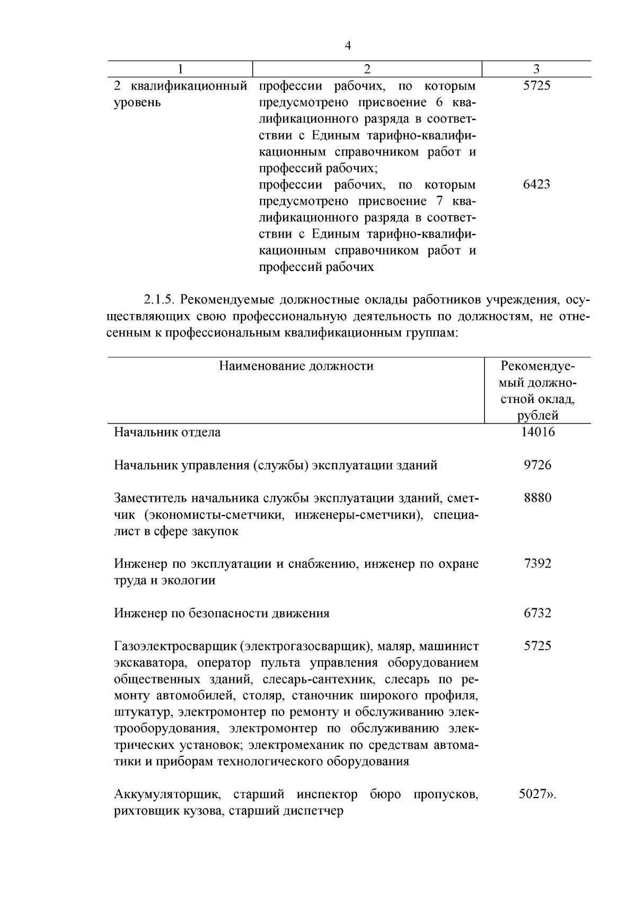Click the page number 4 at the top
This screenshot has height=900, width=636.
(348, 46)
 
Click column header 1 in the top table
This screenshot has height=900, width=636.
(181, 69)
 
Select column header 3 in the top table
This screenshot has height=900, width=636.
(536, 69)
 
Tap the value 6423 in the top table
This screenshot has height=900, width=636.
(536, 185)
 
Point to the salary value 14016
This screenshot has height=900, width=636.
(537, 432)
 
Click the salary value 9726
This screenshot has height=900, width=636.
(537, 465)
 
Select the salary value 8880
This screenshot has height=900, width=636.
(537, 498)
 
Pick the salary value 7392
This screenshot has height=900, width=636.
(537, 564)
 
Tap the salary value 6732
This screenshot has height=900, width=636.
(537, 613)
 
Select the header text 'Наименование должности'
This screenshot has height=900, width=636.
(296, 366)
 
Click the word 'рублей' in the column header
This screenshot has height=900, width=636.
(537, 415)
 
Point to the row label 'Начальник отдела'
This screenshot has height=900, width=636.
(167, 432)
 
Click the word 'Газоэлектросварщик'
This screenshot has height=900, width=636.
(175, 646)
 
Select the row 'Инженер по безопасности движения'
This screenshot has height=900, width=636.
(222, 614)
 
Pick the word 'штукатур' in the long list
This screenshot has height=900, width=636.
(144, 712)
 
